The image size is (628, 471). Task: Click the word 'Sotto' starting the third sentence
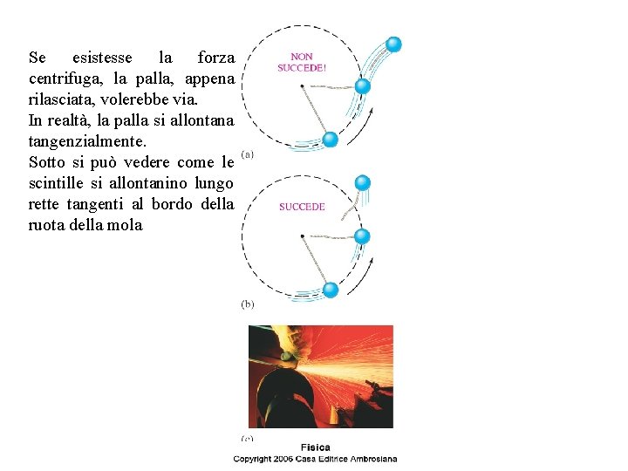49,162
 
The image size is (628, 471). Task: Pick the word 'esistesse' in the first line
102,58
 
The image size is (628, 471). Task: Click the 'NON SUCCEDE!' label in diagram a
302,62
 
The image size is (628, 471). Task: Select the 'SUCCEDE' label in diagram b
302,207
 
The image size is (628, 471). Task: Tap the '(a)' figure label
248,155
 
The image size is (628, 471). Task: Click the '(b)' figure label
248,304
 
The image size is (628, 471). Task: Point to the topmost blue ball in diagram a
393,44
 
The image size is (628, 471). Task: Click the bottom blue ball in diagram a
331,140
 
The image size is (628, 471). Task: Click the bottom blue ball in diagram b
331,290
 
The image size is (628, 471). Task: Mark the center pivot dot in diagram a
302,86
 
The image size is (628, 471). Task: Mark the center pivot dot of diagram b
302,236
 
